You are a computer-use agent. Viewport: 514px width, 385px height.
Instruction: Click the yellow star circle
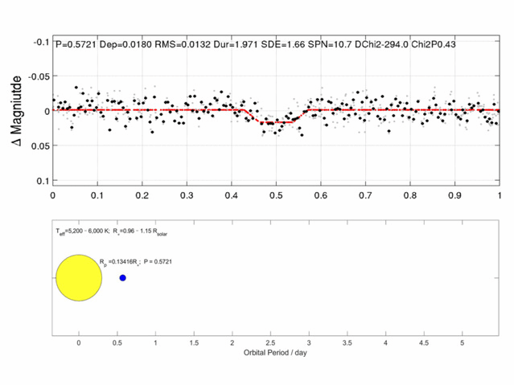point(78,277)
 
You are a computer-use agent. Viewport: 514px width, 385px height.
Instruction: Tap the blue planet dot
point(123,278)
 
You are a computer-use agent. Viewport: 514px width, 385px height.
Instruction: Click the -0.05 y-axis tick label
point(35,76)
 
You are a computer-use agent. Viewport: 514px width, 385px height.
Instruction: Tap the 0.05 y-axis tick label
point(37,145)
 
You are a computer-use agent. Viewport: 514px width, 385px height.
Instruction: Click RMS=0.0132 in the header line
point(175,45)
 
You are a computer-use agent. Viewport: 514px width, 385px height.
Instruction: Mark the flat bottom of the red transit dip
point(276,122)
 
